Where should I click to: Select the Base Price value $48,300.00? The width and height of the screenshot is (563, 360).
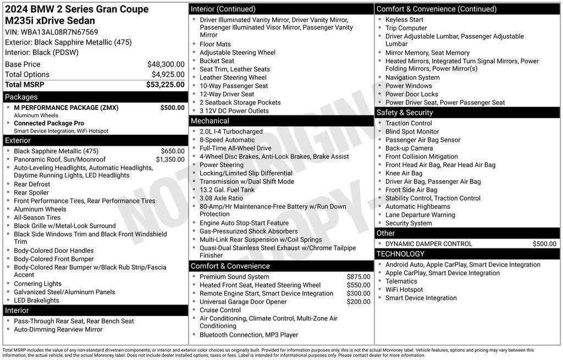click(165, 64)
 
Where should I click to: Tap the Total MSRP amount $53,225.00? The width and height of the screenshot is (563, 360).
click(165, 85)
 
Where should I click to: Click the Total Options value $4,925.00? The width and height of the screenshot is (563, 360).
click(168, 75)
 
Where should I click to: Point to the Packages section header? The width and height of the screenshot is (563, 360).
click(21, 97)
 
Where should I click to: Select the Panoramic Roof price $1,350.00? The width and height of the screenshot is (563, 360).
click(170, 159)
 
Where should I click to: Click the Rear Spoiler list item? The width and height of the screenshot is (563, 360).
click(31, 192)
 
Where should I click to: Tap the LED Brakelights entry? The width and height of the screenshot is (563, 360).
click(36, 300)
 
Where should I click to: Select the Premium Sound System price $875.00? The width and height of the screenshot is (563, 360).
click(358, 277)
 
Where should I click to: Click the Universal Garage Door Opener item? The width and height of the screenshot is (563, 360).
click(243, 302)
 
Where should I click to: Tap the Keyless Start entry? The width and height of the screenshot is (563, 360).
click(404, 20)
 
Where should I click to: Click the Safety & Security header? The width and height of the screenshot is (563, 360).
click(405, 113)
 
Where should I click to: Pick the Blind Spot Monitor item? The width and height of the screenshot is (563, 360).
click(412, 132)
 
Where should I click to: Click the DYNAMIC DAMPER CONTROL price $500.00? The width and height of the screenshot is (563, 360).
click(544, 244)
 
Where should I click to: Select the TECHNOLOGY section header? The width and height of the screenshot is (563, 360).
click(400, 254)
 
